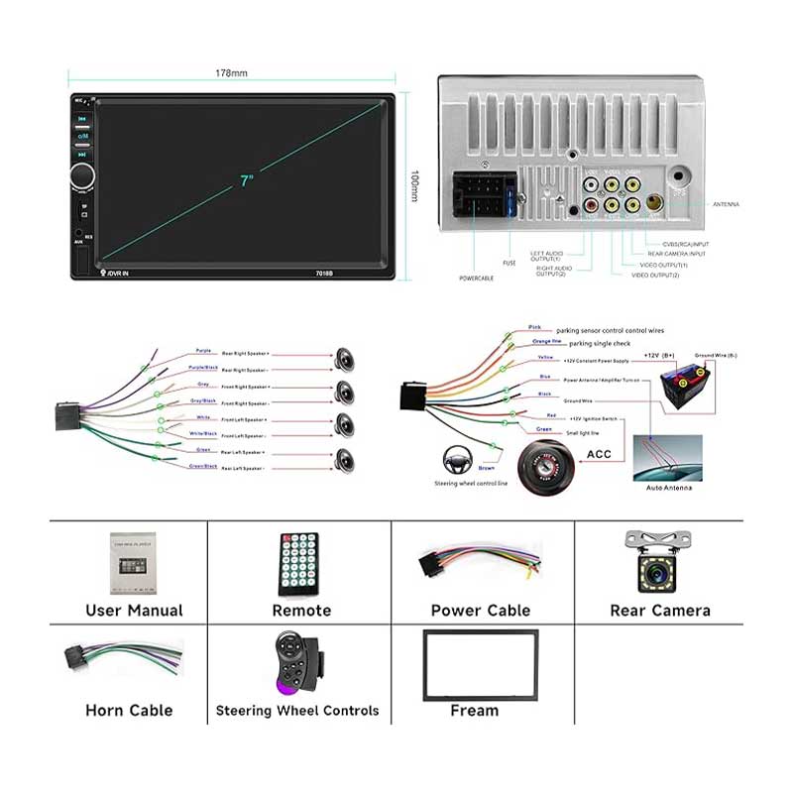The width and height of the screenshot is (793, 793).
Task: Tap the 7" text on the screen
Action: click(x=246, y=180)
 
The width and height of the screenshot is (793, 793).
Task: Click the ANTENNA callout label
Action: click(x=726, y=204)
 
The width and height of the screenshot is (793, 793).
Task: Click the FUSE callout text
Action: click(x=510, y=263)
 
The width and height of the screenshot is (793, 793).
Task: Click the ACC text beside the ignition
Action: click(x=598, y=454)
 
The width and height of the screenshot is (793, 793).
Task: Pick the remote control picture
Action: click(x=299, y=565)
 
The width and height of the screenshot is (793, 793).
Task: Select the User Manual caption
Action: click(x=134, y=611)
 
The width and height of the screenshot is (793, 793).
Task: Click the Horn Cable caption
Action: click(x=129, y=710)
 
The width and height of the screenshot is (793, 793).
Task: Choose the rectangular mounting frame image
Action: click(x=481, y=664)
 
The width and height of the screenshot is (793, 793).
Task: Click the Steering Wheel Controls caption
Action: click(x=297, y=711)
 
